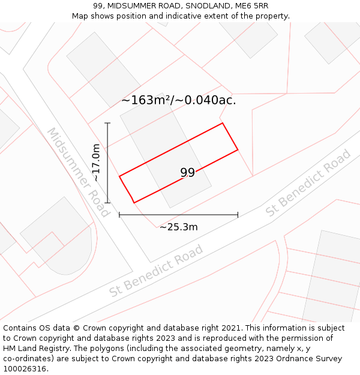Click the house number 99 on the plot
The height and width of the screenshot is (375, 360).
pos(187,173)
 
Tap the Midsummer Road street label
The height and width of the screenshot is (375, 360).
pos(79,172)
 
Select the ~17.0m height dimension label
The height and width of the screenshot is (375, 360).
pos(96,163)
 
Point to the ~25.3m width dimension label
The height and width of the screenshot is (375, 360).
pos(178,227)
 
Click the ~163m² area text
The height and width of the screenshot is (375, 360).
pos(146,100)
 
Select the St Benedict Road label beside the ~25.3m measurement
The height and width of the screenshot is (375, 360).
pos(308,183)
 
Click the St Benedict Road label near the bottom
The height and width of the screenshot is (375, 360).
pos(156,271)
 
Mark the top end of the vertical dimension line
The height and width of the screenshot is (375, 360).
pos(107,123)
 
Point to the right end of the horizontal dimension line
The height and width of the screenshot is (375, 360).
pos(238,214)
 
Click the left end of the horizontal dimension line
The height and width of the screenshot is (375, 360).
pos(119,214)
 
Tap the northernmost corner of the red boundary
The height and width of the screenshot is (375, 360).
pos(223,123)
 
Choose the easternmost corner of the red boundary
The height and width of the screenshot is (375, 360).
pos(238,149)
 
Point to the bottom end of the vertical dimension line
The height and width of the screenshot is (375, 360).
pos(107,203)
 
